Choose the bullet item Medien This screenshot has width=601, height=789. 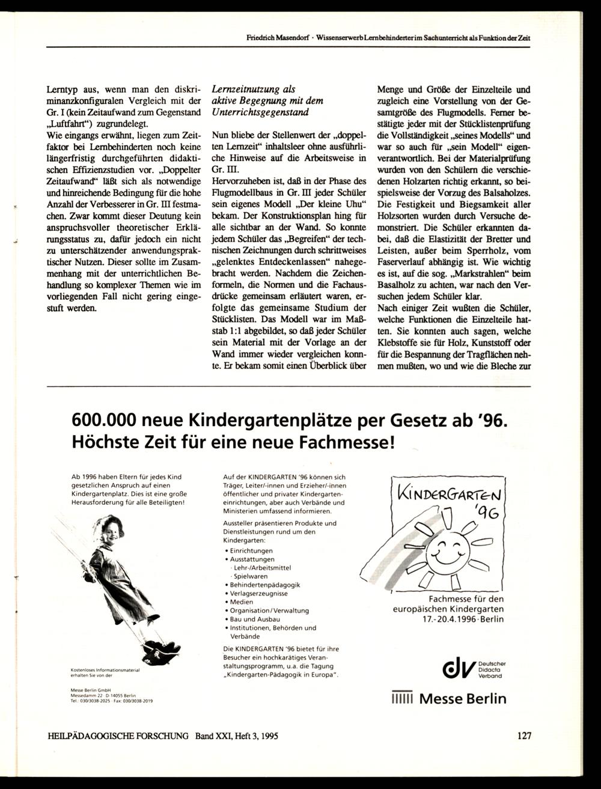(241, 602)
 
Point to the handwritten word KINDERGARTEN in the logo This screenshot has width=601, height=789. (448, 494)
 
